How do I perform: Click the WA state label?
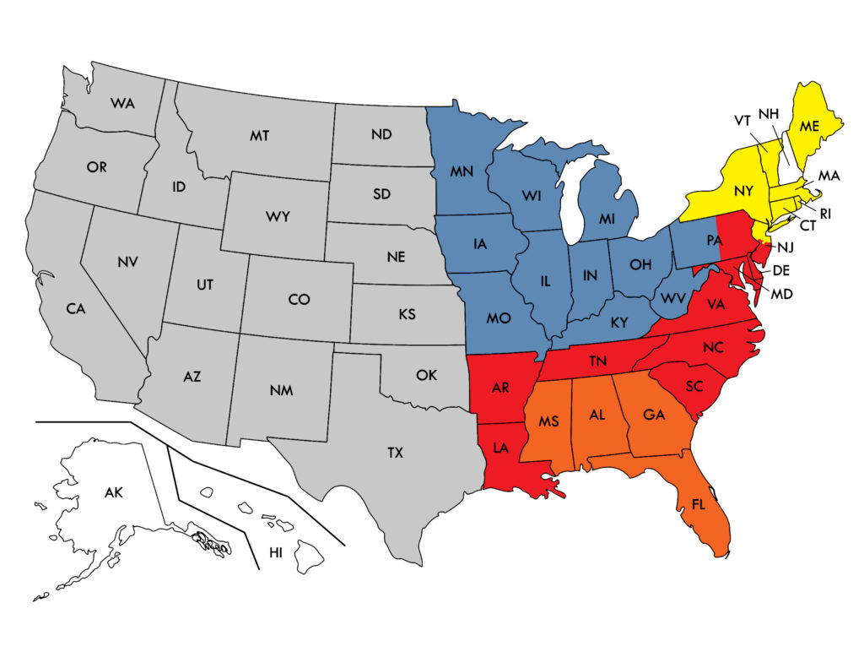[x=122, y=103]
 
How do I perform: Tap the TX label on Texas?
[x=395, y=453]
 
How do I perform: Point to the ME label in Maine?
[x=810, y=127]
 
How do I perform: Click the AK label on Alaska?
[x=114, y=491]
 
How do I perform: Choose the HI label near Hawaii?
[x=276, y=551]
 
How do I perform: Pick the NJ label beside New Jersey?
[x=785, y=247]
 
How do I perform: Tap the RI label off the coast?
[x=825, y=214]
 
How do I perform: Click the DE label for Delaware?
[x=780, y=270]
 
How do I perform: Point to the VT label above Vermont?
[x=742, y=121]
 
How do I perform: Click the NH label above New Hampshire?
[x=768, y=114]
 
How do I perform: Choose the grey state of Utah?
[x=205, y=285]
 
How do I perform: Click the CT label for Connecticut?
[x=807, y=226]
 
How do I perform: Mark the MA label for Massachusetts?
[x=829, y=176]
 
